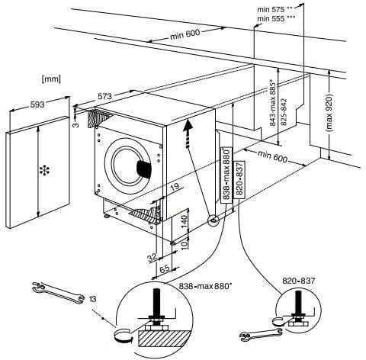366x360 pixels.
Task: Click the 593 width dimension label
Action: [37, 104]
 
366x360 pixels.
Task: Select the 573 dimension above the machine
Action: [105, 96]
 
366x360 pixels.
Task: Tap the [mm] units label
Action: [51, 79]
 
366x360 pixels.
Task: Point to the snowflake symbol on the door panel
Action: [44, 170]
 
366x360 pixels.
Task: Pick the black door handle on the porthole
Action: [144, 169]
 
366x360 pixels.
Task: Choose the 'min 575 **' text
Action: [275, 9]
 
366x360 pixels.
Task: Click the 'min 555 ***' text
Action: [276, 18]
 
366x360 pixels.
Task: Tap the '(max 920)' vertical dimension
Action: [329, 113]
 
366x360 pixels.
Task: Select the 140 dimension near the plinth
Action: [184, 220]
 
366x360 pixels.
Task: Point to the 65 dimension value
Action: [165, 268]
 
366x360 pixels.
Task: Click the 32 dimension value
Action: [152, 258]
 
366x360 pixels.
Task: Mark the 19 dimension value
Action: [175, 188]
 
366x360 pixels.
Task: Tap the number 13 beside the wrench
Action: [92, 299]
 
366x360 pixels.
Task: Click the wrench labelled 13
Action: [58, 293]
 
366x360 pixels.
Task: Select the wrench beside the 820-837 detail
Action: [261, 334]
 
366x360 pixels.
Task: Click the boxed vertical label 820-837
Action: [240, 179]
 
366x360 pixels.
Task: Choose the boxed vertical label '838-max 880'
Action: [226, 175]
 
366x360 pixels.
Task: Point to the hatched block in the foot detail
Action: [165, 339]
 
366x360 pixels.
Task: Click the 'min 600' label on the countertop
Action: [185, 34]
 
